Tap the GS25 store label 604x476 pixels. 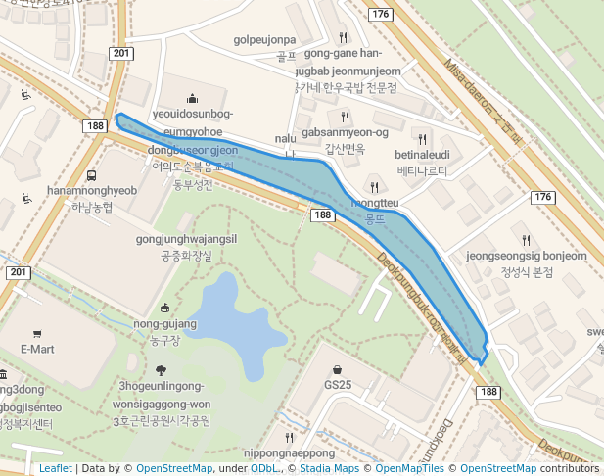pyautogui.click(x=338, y=385)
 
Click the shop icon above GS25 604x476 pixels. pyautogui.click(x=338, y=370)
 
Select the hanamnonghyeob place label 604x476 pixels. pyautogui.click(x=92, y=190)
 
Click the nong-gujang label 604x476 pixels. pyautogui.click(x=164, y=324)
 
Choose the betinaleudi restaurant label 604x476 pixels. pyautogui.click(x=422, y=155)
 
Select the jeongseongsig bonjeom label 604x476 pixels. pyautogui.click(x=527, y=256)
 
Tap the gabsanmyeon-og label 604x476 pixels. pyautogui.click(x=345, y=132)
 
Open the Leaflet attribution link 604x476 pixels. pyautogui.click(x=56, y=468)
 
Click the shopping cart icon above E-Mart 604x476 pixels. pyautogui.click(x=37, y=333)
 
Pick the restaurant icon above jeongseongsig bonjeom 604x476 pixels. pyautogui.click(x=527, y=240)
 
